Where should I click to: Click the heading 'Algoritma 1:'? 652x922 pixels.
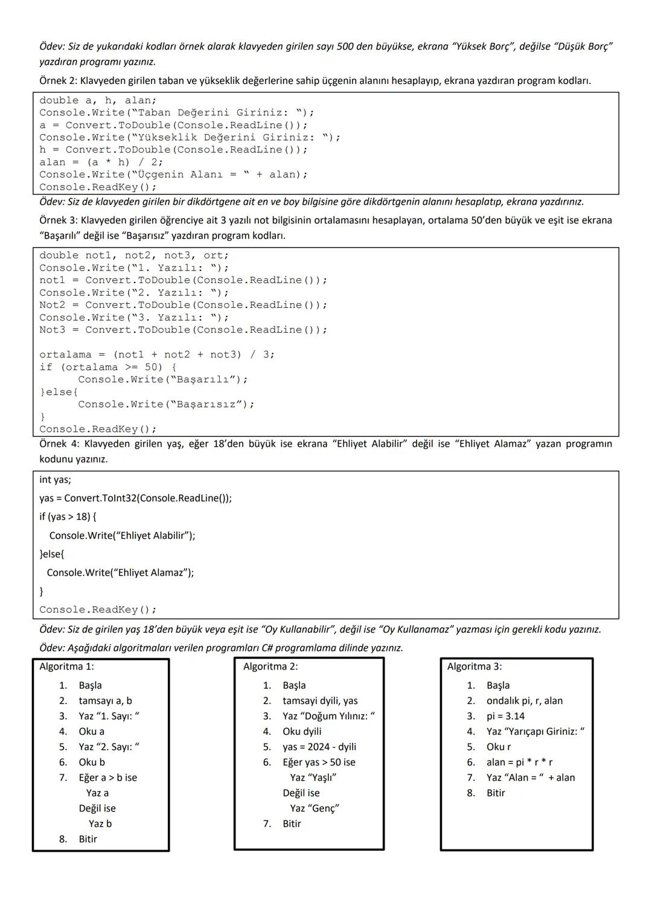tap(66, 667)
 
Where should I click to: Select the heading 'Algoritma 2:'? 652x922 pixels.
tap(270, 667)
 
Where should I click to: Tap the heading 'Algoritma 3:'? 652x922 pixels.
tap(475, 667)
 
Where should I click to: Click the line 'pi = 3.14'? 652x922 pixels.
tap(505, 716)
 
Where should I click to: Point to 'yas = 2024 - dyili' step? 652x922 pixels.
tap(319, 747)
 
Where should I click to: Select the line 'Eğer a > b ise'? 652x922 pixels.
tap(107, 778)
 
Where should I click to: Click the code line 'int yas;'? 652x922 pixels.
tap(55, 480)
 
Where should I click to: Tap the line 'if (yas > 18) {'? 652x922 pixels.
tap(68, 517)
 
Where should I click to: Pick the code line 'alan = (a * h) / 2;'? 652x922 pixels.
tap(101, 162)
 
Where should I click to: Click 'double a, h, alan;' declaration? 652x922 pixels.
tap(98, 101)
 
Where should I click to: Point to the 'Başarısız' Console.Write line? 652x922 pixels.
tap(166, 405)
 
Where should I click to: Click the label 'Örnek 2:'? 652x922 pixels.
tap(59, 81)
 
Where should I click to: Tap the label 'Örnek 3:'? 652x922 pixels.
tap(59, 220)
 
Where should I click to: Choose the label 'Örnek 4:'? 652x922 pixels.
tap(59, 444)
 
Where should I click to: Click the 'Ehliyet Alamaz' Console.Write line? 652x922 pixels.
tap(120, 572)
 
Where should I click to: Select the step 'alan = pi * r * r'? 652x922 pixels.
tap(519, 763)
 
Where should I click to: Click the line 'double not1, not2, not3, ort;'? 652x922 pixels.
tap(134, 255)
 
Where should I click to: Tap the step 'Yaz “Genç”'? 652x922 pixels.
tap(314, 808)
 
